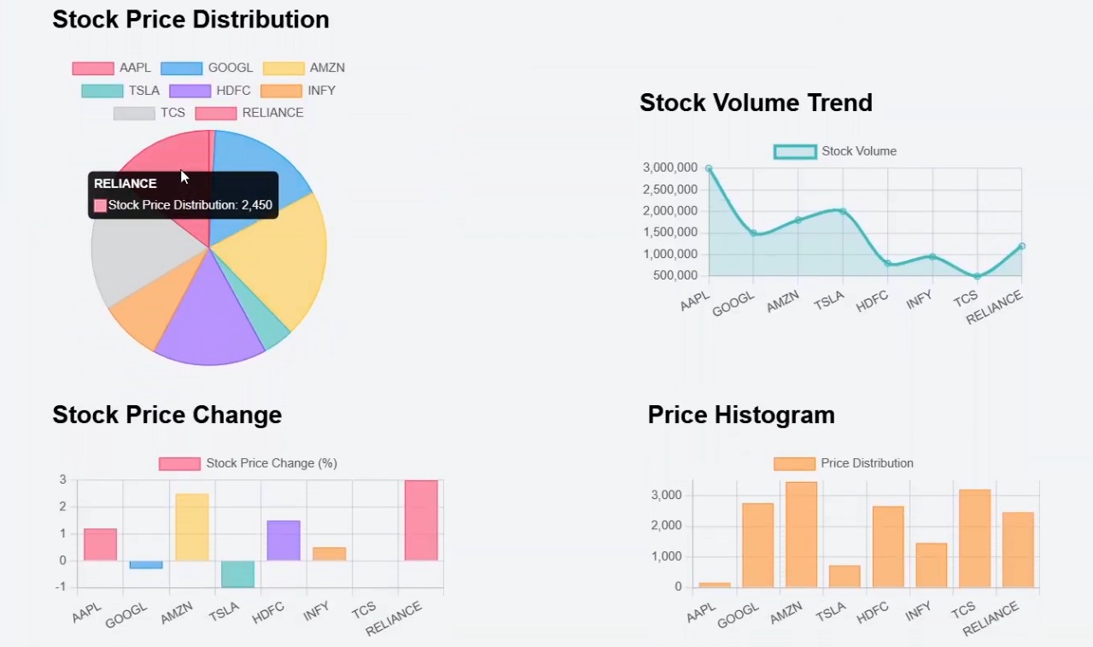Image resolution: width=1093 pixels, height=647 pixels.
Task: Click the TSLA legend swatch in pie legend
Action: point(102,91)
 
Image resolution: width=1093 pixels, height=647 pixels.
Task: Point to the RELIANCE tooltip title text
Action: point(126,184)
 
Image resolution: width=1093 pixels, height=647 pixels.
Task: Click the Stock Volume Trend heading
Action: point(756,103)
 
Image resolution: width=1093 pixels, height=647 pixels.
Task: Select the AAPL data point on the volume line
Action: point(709,168)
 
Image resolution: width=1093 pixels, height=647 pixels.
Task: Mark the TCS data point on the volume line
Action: point(977,276)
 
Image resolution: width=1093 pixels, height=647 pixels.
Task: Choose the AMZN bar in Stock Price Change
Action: point(192,526)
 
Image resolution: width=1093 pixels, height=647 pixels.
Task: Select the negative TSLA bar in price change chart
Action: point(238,573)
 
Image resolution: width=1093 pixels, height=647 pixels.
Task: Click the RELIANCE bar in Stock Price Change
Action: point(421,521)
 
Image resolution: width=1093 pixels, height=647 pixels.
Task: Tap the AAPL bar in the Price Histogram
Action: point(715,585)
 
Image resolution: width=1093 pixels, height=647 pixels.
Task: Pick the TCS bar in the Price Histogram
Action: point(974,538)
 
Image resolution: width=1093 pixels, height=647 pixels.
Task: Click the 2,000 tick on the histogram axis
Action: point(666,526)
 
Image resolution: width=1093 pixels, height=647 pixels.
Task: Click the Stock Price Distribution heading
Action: point(190,20)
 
